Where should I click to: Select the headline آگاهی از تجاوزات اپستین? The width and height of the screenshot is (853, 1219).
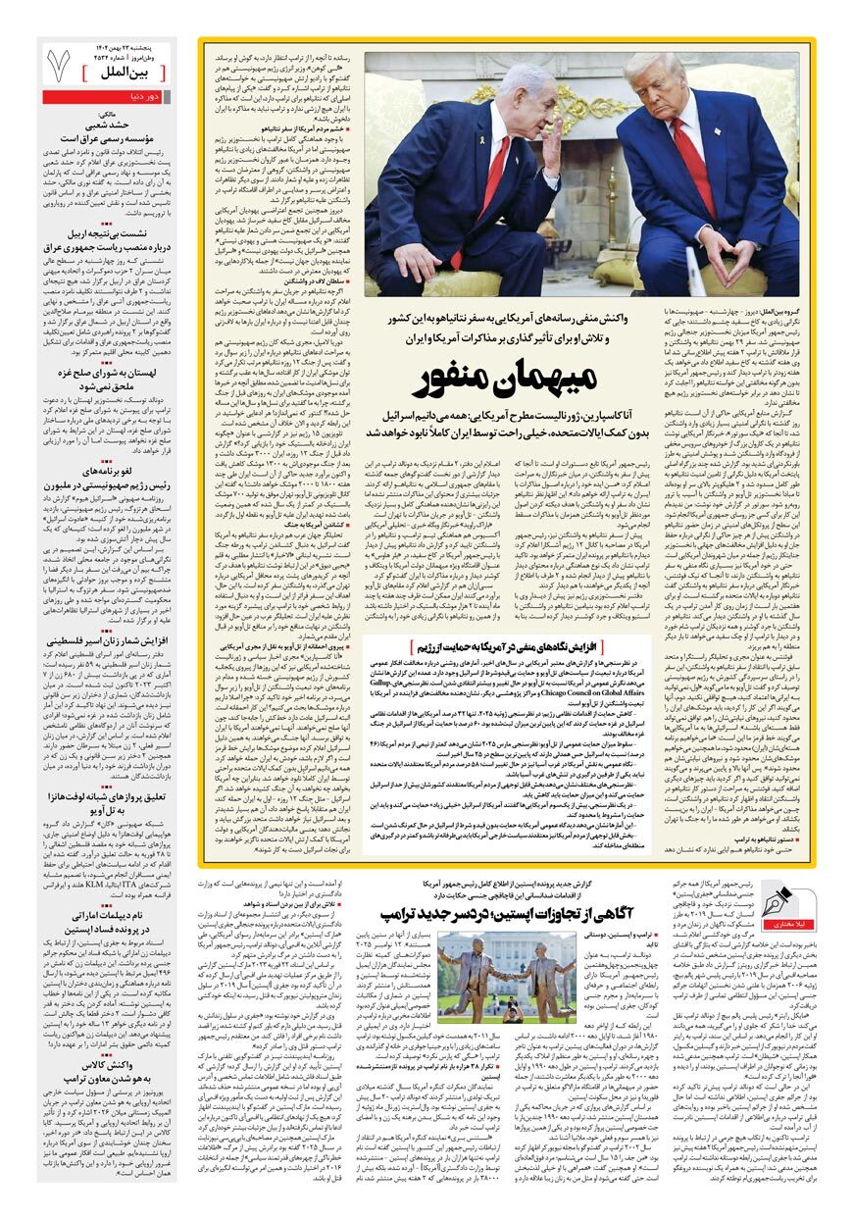pos(533,911)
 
